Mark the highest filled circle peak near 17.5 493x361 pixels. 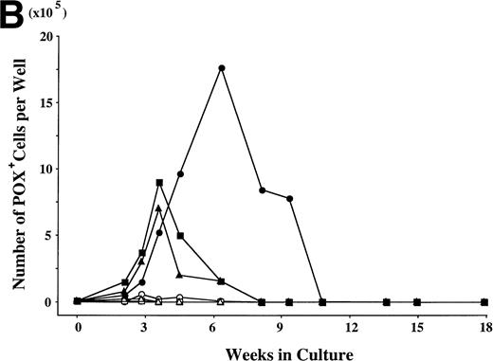pyautogui.click(x=221, y=68)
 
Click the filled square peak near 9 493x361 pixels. pyautogui.click(x=159, y=183)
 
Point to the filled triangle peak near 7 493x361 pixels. pyautogui.click(x=158, y=208)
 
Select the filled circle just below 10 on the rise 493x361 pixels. pyautogui.click(x=180, y=173)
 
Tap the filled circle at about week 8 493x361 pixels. pyautogui.click(x=262, y=190)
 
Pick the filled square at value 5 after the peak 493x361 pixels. pyautogui.click(x=180, y=235)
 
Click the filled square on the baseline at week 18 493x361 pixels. pyautogui.click(x=484, y=302)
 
